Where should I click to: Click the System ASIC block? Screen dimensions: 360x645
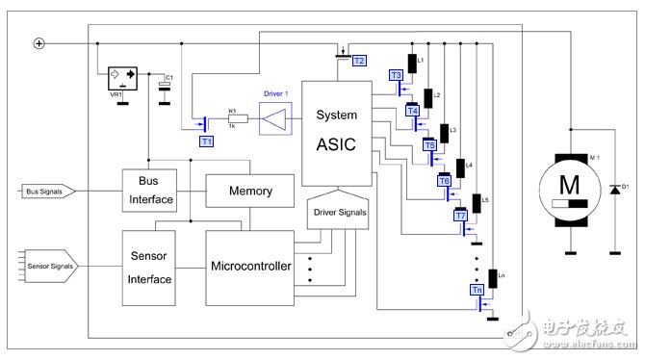click(336, 133)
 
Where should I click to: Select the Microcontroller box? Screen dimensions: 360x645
click(248, 265)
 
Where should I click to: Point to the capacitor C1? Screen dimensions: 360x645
click(166, 87)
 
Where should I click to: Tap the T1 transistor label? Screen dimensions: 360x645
click(206, 141)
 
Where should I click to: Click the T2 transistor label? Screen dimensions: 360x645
click(359, 60)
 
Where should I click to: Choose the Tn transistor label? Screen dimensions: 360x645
click(476, 289)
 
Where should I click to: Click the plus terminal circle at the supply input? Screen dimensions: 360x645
click(39, 43)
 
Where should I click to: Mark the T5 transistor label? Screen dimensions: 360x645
click(430, 145)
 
